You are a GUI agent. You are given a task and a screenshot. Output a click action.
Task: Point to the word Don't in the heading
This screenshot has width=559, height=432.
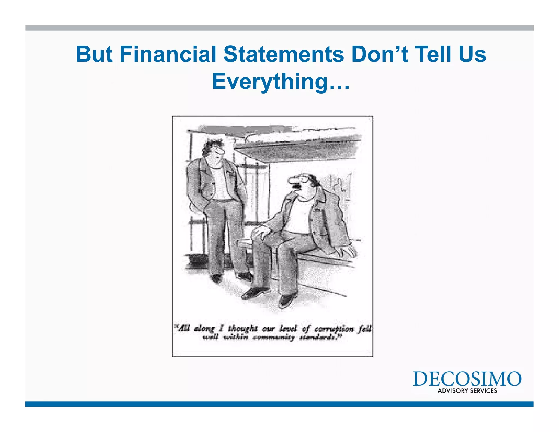380,54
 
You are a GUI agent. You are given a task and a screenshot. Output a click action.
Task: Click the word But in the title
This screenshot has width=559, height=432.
94,54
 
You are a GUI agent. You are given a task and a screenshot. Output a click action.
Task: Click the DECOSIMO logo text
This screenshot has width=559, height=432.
467,379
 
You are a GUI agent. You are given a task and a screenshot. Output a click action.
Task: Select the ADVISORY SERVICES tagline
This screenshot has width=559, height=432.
467,391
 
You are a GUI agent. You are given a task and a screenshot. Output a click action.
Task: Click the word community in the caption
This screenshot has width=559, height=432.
273,338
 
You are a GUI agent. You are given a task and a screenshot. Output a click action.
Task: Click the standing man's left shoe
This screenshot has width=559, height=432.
216,279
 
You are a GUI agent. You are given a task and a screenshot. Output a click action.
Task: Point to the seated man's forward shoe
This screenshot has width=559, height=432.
252,294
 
